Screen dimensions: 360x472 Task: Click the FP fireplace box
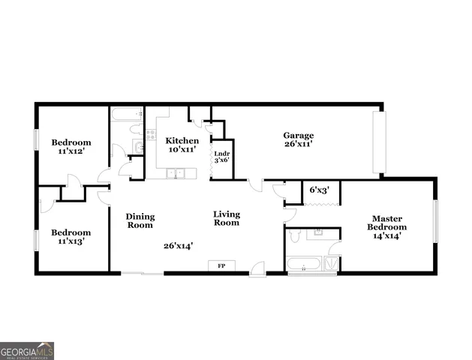click(221, 265)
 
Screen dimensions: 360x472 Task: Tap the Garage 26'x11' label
click(298, 139)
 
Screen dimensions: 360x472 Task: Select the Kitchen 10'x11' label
click(182, 145)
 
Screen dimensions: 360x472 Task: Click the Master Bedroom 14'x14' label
click(388, 226)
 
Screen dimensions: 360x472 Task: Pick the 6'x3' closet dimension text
click(320, 190)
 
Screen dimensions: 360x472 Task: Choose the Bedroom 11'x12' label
click(71, 146)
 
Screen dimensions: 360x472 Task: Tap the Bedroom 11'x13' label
click(71, 237)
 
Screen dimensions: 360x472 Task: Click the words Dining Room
click(140, 220)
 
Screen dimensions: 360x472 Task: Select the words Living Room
click(226, 217)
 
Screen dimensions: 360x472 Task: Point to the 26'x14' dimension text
click(179, 245)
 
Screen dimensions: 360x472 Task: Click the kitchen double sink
click(175, 174)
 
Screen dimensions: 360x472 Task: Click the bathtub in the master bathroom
click(303, 264)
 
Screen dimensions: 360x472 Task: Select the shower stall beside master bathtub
click(331, 263)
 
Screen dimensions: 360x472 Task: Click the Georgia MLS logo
click(27, 350)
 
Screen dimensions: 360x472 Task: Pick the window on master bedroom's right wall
click(436, 221)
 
